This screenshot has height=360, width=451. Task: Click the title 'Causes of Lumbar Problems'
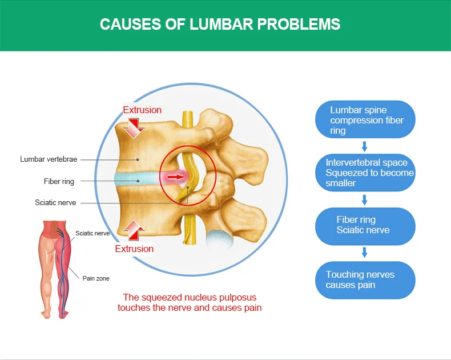[x=220, y=24]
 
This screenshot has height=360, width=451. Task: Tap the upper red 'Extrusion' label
[x=142, y=110]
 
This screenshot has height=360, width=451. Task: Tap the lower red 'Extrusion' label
[x=134, y=249]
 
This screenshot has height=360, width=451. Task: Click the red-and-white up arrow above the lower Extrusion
[x=135, y=230]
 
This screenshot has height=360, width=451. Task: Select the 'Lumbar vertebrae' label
[x=49, y=159]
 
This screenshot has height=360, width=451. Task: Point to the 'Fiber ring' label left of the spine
[x=59, y=181]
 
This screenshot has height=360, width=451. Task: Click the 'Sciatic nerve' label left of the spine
[x=55, y=202]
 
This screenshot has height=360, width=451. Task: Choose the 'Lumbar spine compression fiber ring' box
[x=365, y=120]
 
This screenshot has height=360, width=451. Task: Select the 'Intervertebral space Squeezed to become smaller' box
[x=365, y=173]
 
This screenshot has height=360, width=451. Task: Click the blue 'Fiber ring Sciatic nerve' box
[x=365, y=225]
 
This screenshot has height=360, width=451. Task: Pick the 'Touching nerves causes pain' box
[x=365, y=280]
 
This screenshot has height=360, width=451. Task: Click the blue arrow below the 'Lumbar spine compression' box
[x=365, y=147]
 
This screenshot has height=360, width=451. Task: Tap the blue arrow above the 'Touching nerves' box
[x=365, y=252]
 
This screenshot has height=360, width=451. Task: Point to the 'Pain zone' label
[x=96, y=278]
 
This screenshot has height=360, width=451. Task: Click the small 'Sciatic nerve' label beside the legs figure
[x=92, y=233]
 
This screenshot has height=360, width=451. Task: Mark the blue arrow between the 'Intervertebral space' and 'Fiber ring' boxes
[x=365, y=199]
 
